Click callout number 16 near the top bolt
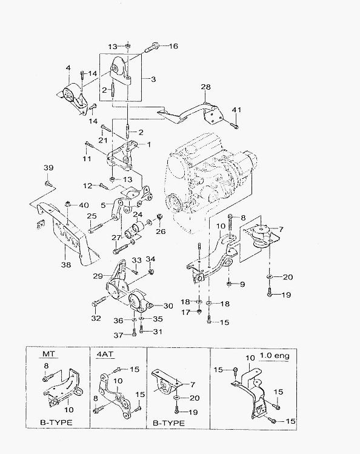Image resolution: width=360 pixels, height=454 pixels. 173,45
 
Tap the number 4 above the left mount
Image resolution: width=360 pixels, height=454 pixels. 68,68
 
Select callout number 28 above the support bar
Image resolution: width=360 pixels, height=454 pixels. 205,87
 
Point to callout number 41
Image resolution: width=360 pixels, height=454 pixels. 236,110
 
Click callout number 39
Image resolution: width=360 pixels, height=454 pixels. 48,168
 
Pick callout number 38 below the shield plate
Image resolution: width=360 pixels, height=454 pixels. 66,264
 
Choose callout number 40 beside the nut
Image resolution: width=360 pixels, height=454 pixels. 84,205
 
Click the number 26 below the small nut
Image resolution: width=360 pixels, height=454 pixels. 161,231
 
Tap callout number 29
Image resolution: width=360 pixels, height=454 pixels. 98,276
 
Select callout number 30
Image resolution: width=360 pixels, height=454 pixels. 168,305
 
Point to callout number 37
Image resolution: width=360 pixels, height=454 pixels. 118,335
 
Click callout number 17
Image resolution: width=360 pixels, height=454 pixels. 185,312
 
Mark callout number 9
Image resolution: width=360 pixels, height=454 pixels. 242,284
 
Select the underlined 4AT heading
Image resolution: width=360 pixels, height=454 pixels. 104,354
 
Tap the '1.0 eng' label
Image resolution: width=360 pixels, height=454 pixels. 275,355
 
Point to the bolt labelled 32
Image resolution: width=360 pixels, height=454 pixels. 100,302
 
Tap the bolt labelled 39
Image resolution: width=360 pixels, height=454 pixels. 47,183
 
